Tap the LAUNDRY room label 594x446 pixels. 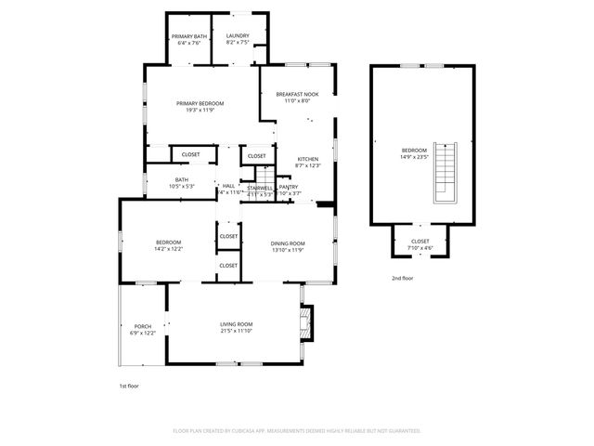[238, 36]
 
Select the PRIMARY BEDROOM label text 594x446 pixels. [201, 103]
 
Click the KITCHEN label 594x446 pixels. [308, 159]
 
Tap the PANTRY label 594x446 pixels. [289, 187]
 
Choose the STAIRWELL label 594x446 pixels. [260, 188]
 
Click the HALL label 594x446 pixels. [228, 186]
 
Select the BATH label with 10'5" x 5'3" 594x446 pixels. [181, 180]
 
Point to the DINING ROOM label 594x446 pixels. [288, 243]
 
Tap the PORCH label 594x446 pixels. [143, 326]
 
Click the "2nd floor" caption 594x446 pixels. [402, 278]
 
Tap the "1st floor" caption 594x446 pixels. [129, 385]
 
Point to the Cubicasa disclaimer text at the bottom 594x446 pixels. [297, 431]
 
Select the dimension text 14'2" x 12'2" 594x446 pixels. [169, 249]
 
